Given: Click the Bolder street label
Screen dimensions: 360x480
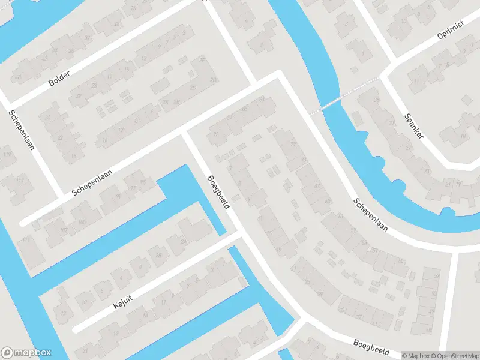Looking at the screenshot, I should tap(59, 78).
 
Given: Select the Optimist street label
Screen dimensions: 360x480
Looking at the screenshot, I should tap(451, 36).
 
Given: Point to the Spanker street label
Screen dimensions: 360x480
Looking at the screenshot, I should tap(414, 126).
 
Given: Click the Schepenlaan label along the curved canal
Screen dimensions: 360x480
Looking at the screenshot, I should tap(371, 215).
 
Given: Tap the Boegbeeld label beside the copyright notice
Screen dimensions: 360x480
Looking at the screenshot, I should tap(371, 347).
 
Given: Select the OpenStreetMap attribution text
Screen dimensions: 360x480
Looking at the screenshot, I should tap(454, 356).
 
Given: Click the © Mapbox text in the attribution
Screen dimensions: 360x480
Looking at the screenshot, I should tap(416, 356).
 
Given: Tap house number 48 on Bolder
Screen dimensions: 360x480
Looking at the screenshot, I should tap(19, 77).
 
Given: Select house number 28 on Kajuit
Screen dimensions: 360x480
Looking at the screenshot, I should tap(158, 255).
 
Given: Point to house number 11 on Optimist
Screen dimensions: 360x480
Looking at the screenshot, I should tap(415, 82).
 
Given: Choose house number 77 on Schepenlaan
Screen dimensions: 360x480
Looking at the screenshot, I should tap(293, 145).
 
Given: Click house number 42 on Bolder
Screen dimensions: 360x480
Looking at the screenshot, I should tap(45, 58).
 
